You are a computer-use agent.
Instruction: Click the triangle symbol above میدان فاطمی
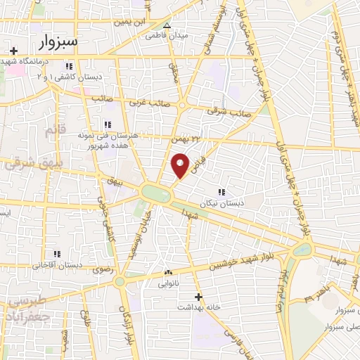click(167, 25)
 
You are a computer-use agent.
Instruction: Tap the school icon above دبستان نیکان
click(221, 192)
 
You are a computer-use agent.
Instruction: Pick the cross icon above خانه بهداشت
click(199, 297)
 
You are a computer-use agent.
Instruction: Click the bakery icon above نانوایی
click(167, 274)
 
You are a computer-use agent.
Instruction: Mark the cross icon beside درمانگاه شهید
click(13, 51)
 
